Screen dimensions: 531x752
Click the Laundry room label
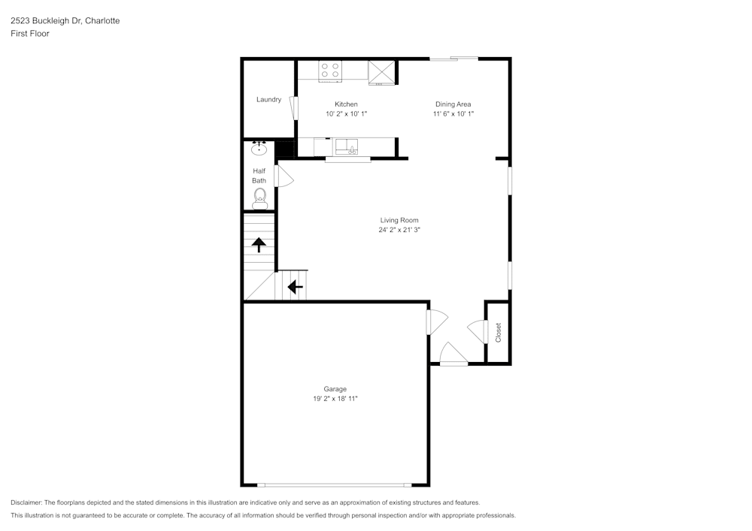tap(268, 100)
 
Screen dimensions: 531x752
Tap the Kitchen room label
tap(346, 104)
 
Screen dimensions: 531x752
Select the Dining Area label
tap(453, 104)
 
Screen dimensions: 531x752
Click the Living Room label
tap(399, 220)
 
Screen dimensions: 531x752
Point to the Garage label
tap(335, 389)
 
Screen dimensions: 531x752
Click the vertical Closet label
tap(498, 332)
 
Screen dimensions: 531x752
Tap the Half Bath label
tap(259, 176)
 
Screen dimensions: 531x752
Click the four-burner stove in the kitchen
tap(330, 71)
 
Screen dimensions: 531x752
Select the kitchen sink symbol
tap(347, 146)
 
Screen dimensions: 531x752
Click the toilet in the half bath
tap(260, 198)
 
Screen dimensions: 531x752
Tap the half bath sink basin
tap(260, 149)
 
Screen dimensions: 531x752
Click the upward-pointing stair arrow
tap(259, 244)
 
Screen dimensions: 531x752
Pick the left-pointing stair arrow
tap(296, 286)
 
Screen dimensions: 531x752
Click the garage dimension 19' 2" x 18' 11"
tap(335, 399)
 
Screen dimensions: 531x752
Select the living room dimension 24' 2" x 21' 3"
tap(399, 231)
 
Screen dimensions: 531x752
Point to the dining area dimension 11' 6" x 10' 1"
tap(453, 114)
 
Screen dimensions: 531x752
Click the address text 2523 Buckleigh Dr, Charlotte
tap(65, 21)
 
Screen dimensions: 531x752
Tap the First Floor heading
tap(30, 34)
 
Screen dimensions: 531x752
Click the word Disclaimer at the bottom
tap(26, 502)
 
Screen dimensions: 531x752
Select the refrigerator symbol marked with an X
tap(382, 72)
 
